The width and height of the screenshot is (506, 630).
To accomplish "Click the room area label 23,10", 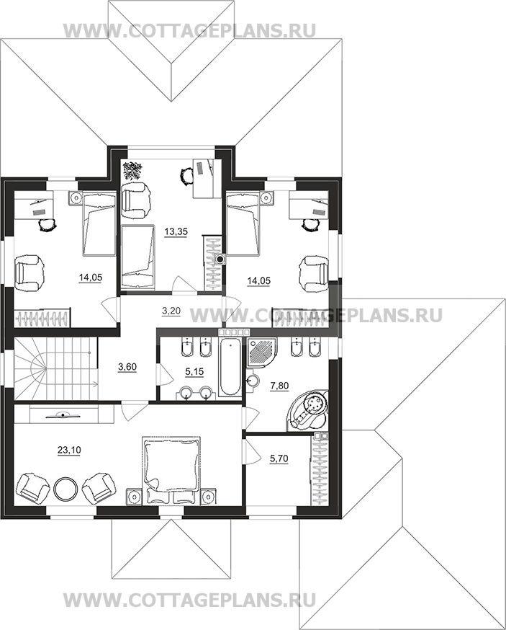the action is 69,451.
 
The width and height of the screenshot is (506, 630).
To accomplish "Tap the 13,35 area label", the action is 176,231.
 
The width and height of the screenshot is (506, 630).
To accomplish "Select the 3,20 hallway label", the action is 171,310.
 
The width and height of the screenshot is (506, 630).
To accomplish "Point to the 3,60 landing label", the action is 128,366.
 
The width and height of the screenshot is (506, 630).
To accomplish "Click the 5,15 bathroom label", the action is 194,372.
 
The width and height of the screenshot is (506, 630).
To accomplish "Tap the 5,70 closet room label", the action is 279,458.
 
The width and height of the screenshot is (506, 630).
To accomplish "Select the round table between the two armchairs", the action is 65,487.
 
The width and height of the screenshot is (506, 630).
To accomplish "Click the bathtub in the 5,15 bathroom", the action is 230,365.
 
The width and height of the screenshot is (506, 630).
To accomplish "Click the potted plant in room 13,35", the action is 131,170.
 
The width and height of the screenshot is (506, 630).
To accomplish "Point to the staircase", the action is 56,368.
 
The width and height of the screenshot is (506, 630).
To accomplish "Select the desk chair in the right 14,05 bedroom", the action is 309,225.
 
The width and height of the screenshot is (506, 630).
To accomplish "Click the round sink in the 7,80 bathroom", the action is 253,380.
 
